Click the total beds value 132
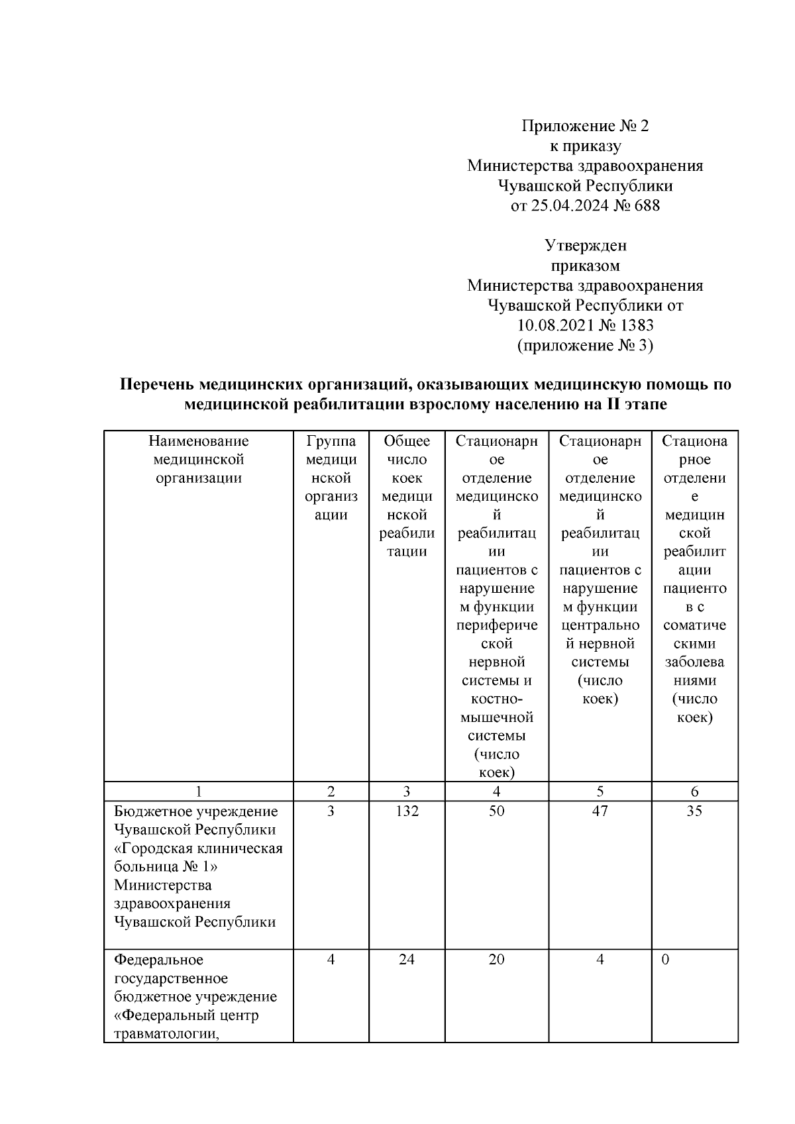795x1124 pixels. click(x=406, y=811)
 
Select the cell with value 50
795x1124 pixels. click(x=496, y=811)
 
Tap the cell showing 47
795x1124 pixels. click(x=600, y=811)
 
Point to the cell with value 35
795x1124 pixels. click(x=694, y=811)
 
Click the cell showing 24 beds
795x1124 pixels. click(x=406, y=960)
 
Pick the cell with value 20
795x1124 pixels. click(x=496, y=960)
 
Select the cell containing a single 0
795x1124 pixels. click(x=665, y=960)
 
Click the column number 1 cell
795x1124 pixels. click(x=198, y=792)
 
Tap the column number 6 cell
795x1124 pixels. click(x=694, y=792)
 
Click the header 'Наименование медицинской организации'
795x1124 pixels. click(x=198, y=460)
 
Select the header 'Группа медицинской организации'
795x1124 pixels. click(x=331, y=478)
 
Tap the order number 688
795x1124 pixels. click(x=647, y=205)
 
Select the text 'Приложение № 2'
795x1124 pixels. click(x=584, y=125)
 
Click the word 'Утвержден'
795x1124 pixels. click(x=585, y=246)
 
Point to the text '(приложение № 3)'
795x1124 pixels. click(x=584, y=345)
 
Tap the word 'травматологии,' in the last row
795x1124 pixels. click(x=166, y=1034)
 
